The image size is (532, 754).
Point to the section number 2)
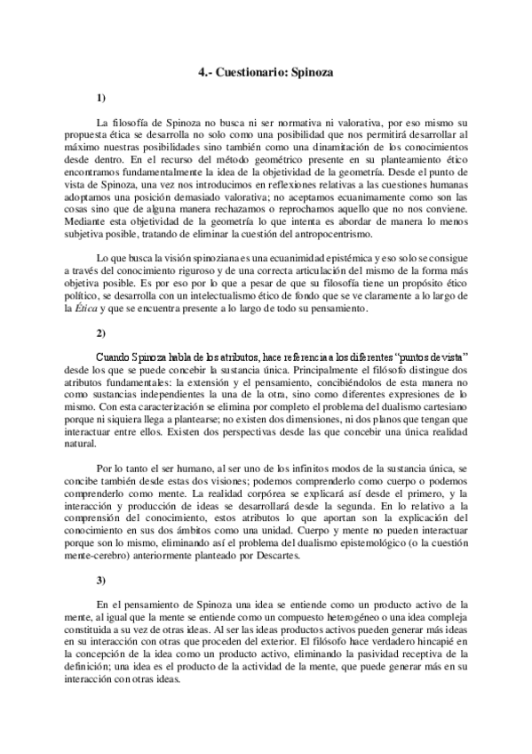click(x=101, y=333)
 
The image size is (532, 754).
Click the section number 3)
click(x=101, y=580)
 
